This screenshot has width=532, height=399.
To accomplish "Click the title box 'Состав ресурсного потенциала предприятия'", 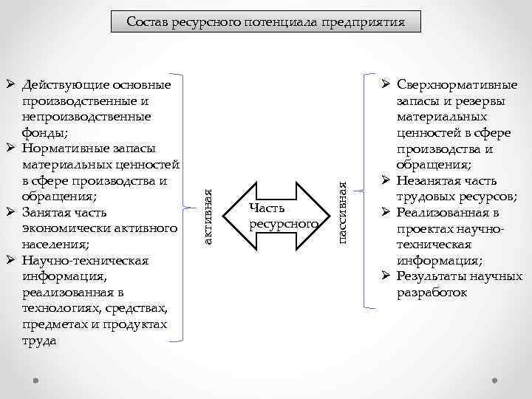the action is click(266, 21).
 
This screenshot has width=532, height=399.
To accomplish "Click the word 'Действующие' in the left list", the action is click(62, 86).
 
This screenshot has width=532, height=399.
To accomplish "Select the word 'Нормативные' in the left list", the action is click(64, 150).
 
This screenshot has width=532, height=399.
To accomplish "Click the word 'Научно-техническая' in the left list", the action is click(86, 261).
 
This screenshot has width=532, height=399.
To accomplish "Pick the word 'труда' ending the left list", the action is click(39, 341).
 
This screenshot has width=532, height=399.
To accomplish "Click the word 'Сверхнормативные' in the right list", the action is click(457, 86).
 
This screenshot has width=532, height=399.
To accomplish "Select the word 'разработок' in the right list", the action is click(432, 293).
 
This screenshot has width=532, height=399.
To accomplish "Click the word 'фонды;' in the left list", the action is click(45, 134).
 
